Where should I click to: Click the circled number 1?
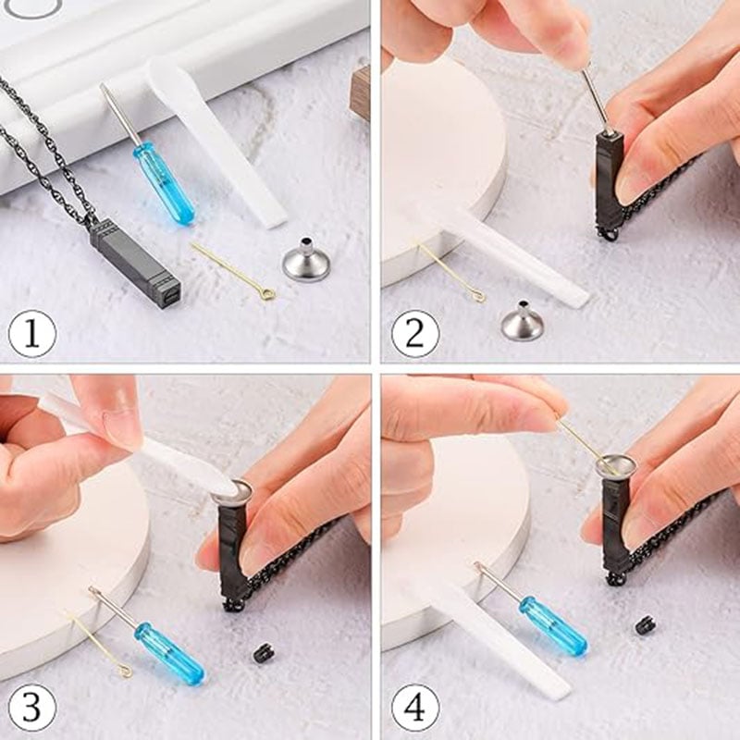tap(32, 334)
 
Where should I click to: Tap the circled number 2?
tap(415, 334)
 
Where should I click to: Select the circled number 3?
tap(32, 708)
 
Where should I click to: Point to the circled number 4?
tap(415, 708)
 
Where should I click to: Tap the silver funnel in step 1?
tap(305, 261)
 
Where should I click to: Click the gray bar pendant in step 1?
tap(135, 262)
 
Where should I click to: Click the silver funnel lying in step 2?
tap(523, 321)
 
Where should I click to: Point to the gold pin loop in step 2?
tap(478, 296)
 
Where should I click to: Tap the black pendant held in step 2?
tap(608, 184)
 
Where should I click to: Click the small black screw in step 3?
tap(260, 653)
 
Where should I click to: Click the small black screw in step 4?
tap(642, 625)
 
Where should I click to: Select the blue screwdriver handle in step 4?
tap(553, 626)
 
